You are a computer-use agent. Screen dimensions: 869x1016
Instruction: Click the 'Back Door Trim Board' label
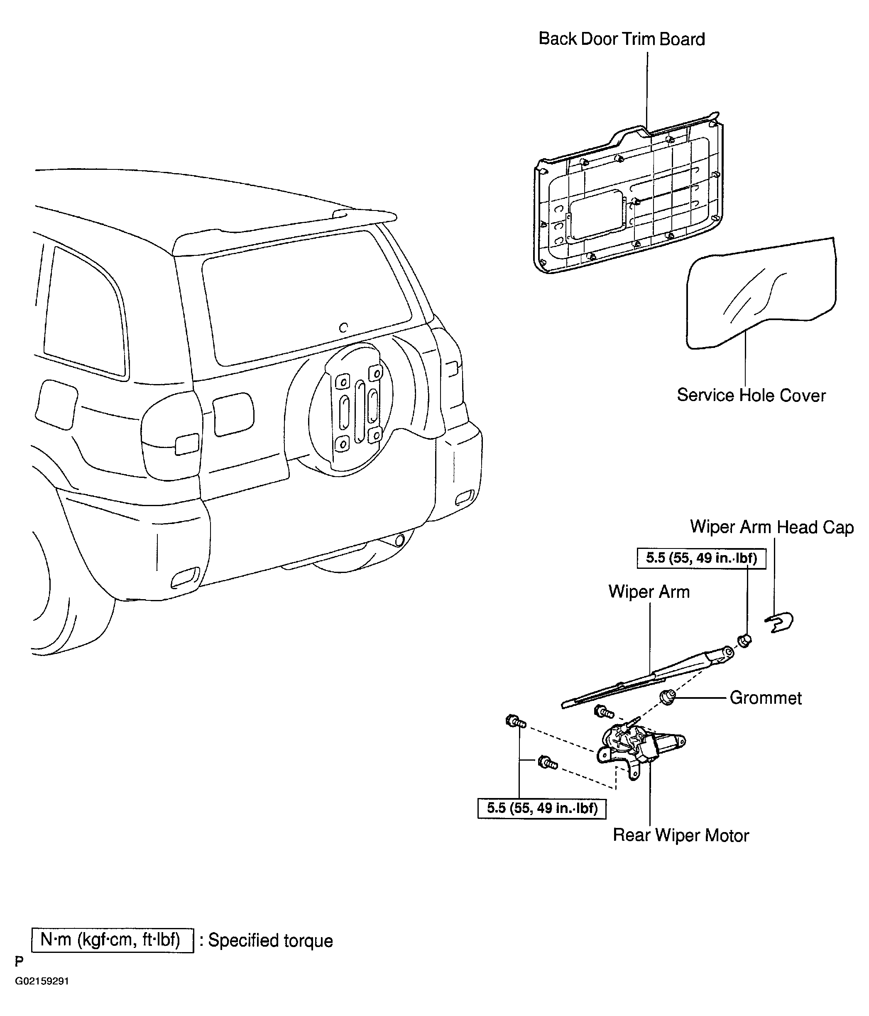click(622, 39)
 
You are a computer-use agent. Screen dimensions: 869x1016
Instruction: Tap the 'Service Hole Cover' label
click(752, 395)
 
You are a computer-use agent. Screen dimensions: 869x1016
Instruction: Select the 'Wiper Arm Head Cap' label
click(772, 527)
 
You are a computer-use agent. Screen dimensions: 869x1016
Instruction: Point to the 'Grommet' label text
click(766, 698)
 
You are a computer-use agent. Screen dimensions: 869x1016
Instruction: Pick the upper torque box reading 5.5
click(701, 558)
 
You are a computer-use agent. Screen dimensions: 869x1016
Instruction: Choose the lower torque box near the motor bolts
click(542, 808)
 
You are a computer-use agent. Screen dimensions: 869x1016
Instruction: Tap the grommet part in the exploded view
click(666, 697)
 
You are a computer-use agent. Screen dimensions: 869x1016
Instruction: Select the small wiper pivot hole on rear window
click(344, 328)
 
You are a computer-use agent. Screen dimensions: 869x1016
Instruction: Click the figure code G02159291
click(42, 995)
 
